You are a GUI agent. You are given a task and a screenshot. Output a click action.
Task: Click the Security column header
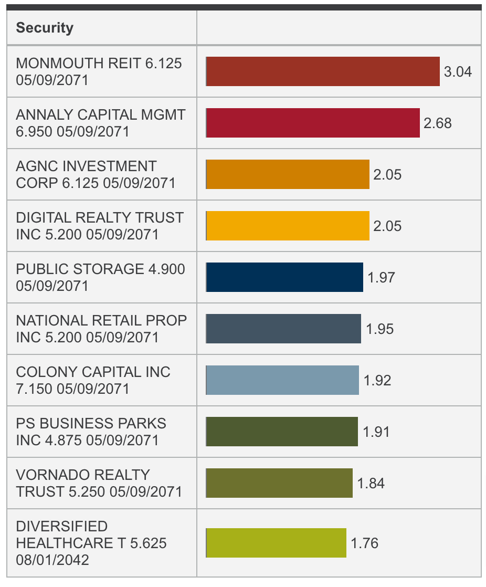tap(45, 28)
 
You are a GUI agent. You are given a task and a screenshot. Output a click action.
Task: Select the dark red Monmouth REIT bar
tap(323, 71)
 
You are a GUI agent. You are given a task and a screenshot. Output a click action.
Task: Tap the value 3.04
tap(458, 72)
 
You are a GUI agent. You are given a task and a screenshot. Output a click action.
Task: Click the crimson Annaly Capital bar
tap(313, 123)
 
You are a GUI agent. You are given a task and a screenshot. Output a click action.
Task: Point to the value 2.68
tap(437, 123)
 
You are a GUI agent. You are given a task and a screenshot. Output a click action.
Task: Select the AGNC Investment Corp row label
tap(96, 174)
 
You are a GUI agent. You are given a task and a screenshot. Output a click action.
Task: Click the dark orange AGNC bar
tap(288, 174)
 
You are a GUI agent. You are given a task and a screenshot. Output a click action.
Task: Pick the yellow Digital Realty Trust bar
tap(288, 226)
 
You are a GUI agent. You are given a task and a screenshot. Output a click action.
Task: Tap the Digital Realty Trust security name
tap(100, 226)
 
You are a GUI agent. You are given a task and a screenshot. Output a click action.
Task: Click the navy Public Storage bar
tap(284, 277)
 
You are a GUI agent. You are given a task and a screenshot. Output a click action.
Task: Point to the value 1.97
tap(381, 278)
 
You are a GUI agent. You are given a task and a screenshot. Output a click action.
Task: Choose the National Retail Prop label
tap(101, 329)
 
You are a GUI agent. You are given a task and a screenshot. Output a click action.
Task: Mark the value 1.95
tap(379, 329)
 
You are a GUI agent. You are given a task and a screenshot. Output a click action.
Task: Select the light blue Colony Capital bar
tap(282, 380)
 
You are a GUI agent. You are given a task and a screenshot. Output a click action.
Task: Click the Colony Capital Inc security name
tap(93, 380)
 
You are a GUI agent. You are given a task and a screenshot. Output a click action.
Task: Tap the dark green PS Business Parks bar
tap(282, 432)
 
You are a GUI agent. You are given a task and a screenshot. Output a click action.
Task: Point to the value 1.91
tap(376, 432)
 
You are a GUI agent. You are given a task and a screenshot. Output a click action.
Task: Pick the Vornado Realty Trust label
tap(99, 483)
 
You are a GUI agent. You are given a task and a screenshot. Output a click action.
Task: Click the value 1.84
tap(371, 484)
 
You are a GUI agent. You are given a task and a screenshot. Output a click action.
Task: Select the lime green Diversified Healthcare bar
tap(276, 543)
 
